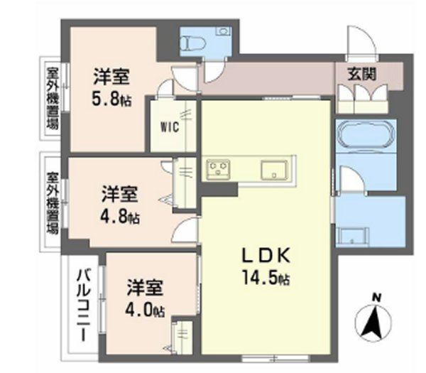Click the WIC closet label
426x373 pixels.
168,129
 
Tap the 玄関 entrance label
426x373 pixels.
361,72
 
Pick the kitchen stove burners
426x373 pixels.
218,169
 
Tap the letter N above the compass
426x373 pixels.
378,296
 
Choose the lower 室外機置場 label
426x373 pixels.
51,202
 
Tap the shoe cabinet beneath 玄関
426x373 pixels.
362,97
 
